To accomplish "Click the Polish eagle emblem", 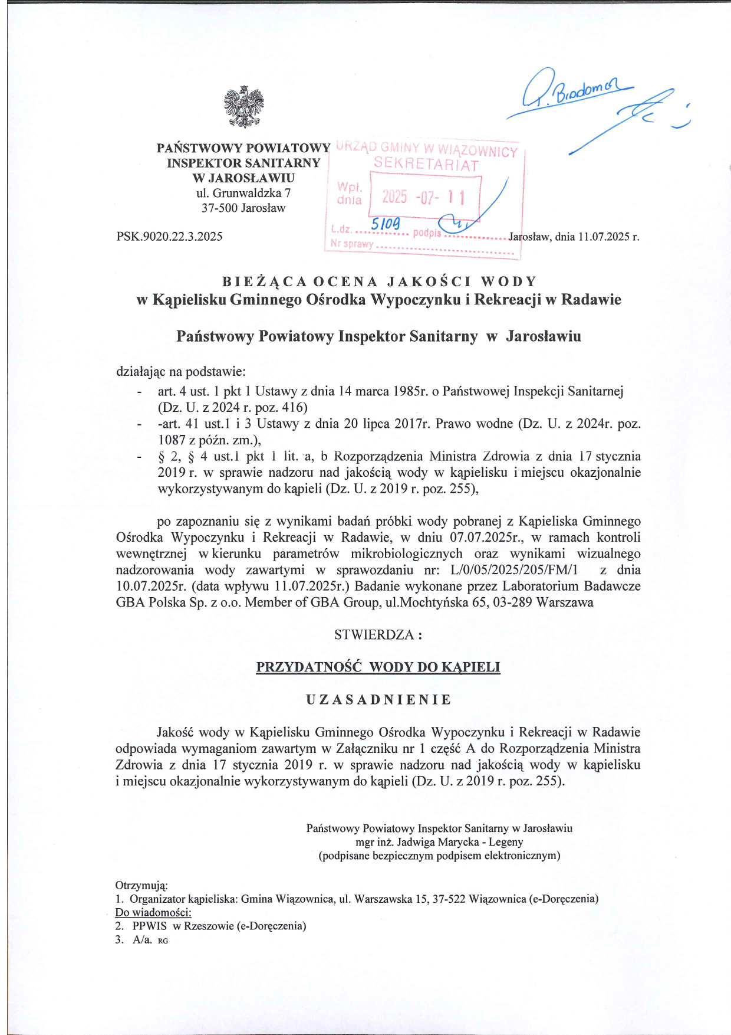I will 243,107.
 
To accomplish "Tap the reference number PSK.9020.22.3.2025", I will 169,237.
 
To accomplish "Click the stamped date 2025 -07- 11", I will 423,196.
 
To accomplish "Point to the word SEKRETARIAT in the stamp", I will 426,165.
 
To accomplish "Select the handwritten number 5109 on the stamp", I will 385,224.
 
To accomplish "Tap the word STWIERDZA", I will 374,635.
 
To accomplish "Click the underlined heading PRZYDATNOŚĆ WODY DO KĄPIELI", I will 378,667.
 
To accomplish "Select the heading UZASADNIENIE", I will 378,700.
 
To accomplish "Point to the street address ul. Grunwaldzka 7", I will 243,193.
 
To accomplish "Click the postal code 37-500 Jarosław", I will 243,208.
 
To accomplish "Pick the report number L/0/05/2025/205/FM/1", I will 514,570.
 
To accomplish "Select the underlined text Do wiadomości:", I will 153,912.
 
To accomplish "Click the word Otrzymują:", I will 141,886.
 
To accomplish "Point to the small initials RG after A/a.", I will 163,941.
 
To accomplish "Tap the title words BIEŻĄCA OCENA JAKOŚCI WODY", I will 379,281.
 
